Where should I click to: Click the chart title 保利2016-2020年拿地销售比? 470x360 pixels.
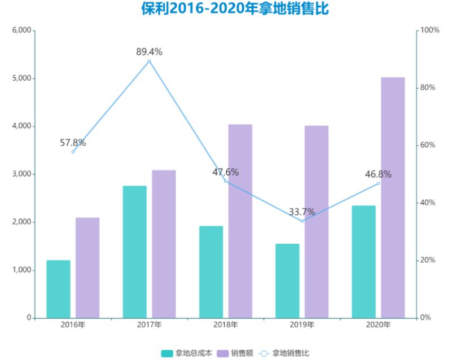[x=235, y=10]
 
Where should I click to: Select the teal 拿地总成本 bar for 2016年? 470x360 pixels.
[x=58, y=289]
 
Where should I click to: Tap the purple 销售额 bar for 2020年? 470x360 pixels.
[x=393, y=197]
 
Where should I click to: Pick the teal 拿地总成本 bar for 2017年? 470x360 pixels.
[x=134, y=252]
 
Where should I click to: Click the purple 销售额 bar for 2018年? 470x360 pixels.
[x=240, y=221]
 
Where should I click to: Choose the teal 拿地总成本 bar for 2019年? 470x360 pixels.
[x=287, y=280]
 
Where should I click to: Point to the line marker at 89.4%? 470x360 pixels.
[x=149, y=61]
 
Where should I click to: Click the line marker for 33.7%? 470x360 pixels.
[x=302, y=221]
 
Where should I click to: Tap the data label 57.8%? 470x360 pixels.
[x=73, y=143]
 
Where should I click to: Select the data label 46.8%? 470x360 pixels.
[x=378, y=174]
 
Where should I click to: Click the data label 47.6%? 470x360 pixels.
[x=226, y=172]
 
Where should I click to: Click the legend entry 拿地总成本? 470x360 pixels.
[x=187, y=353]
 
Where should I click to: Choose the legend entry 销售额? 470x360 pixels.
[x=235, y=353]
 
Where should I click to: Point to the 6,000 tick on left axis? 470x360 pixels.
[x=21, y=30]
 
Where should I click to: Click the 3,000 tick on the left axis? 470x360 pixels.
[x=21, y=174]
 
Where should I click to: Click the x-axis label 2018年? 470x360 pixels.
[x=226, y=325]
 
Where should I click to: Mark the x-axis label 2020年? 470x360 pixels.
[x=378, y=325]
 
